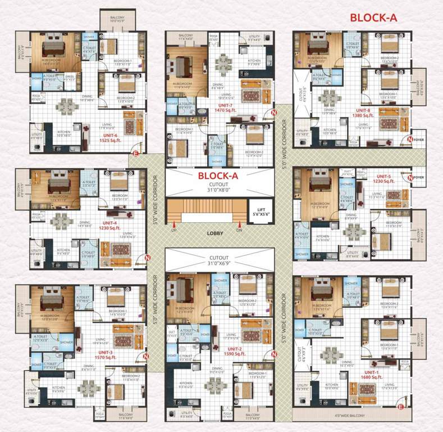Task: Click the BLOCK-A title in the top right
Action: [373, 17]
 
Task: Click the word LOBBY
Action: [214, 232]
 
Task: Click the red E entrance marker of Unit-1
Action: [400, 407]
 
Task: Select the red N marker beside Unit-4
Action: [148, 258]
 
